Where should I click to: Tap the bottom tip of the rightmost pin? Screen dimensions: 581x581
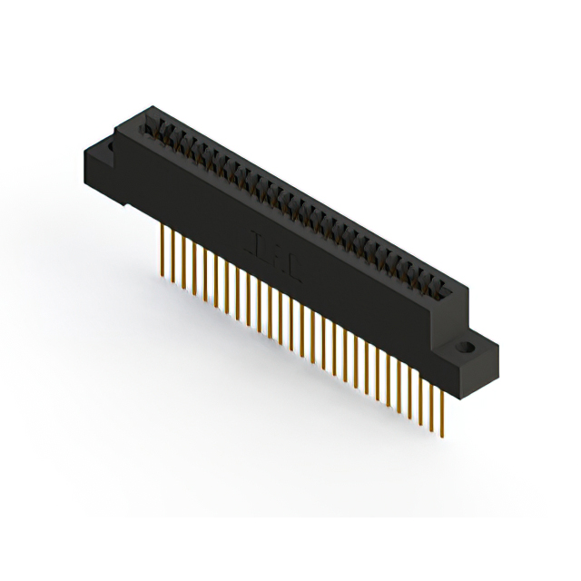[440, 435]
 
